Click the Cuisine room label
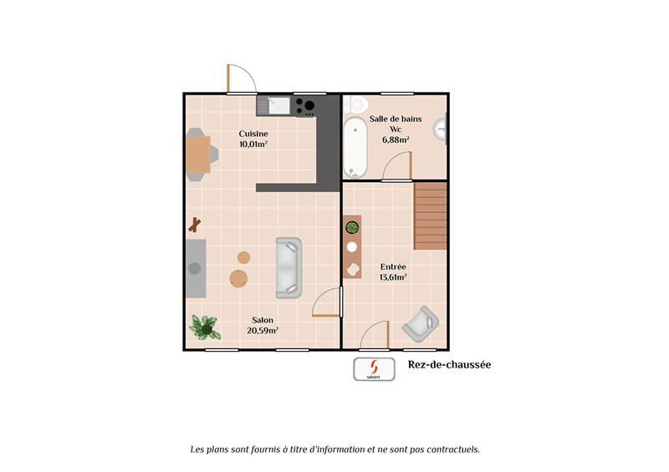pos(253,134)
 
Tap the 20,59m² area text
pos(262,330)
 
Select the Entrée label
pos(392,266)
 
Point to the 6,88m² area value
pos(396,140)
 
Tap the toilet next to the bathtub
pos(356,104)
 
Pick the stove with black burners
pos(304,105)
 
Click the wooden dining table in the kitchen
pos(198,155)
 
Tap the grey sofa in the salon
pos(289,267)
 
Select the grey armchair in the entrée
pos(421,324)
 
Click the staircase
pos(432,216)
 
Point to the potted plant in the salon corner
pos(203,326)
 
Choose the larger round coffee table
pos(239,277)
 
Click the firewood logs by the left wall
pos(195,224)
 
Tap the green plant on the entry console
pos(353,226)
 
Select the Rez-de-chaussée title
pos(449,364)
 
